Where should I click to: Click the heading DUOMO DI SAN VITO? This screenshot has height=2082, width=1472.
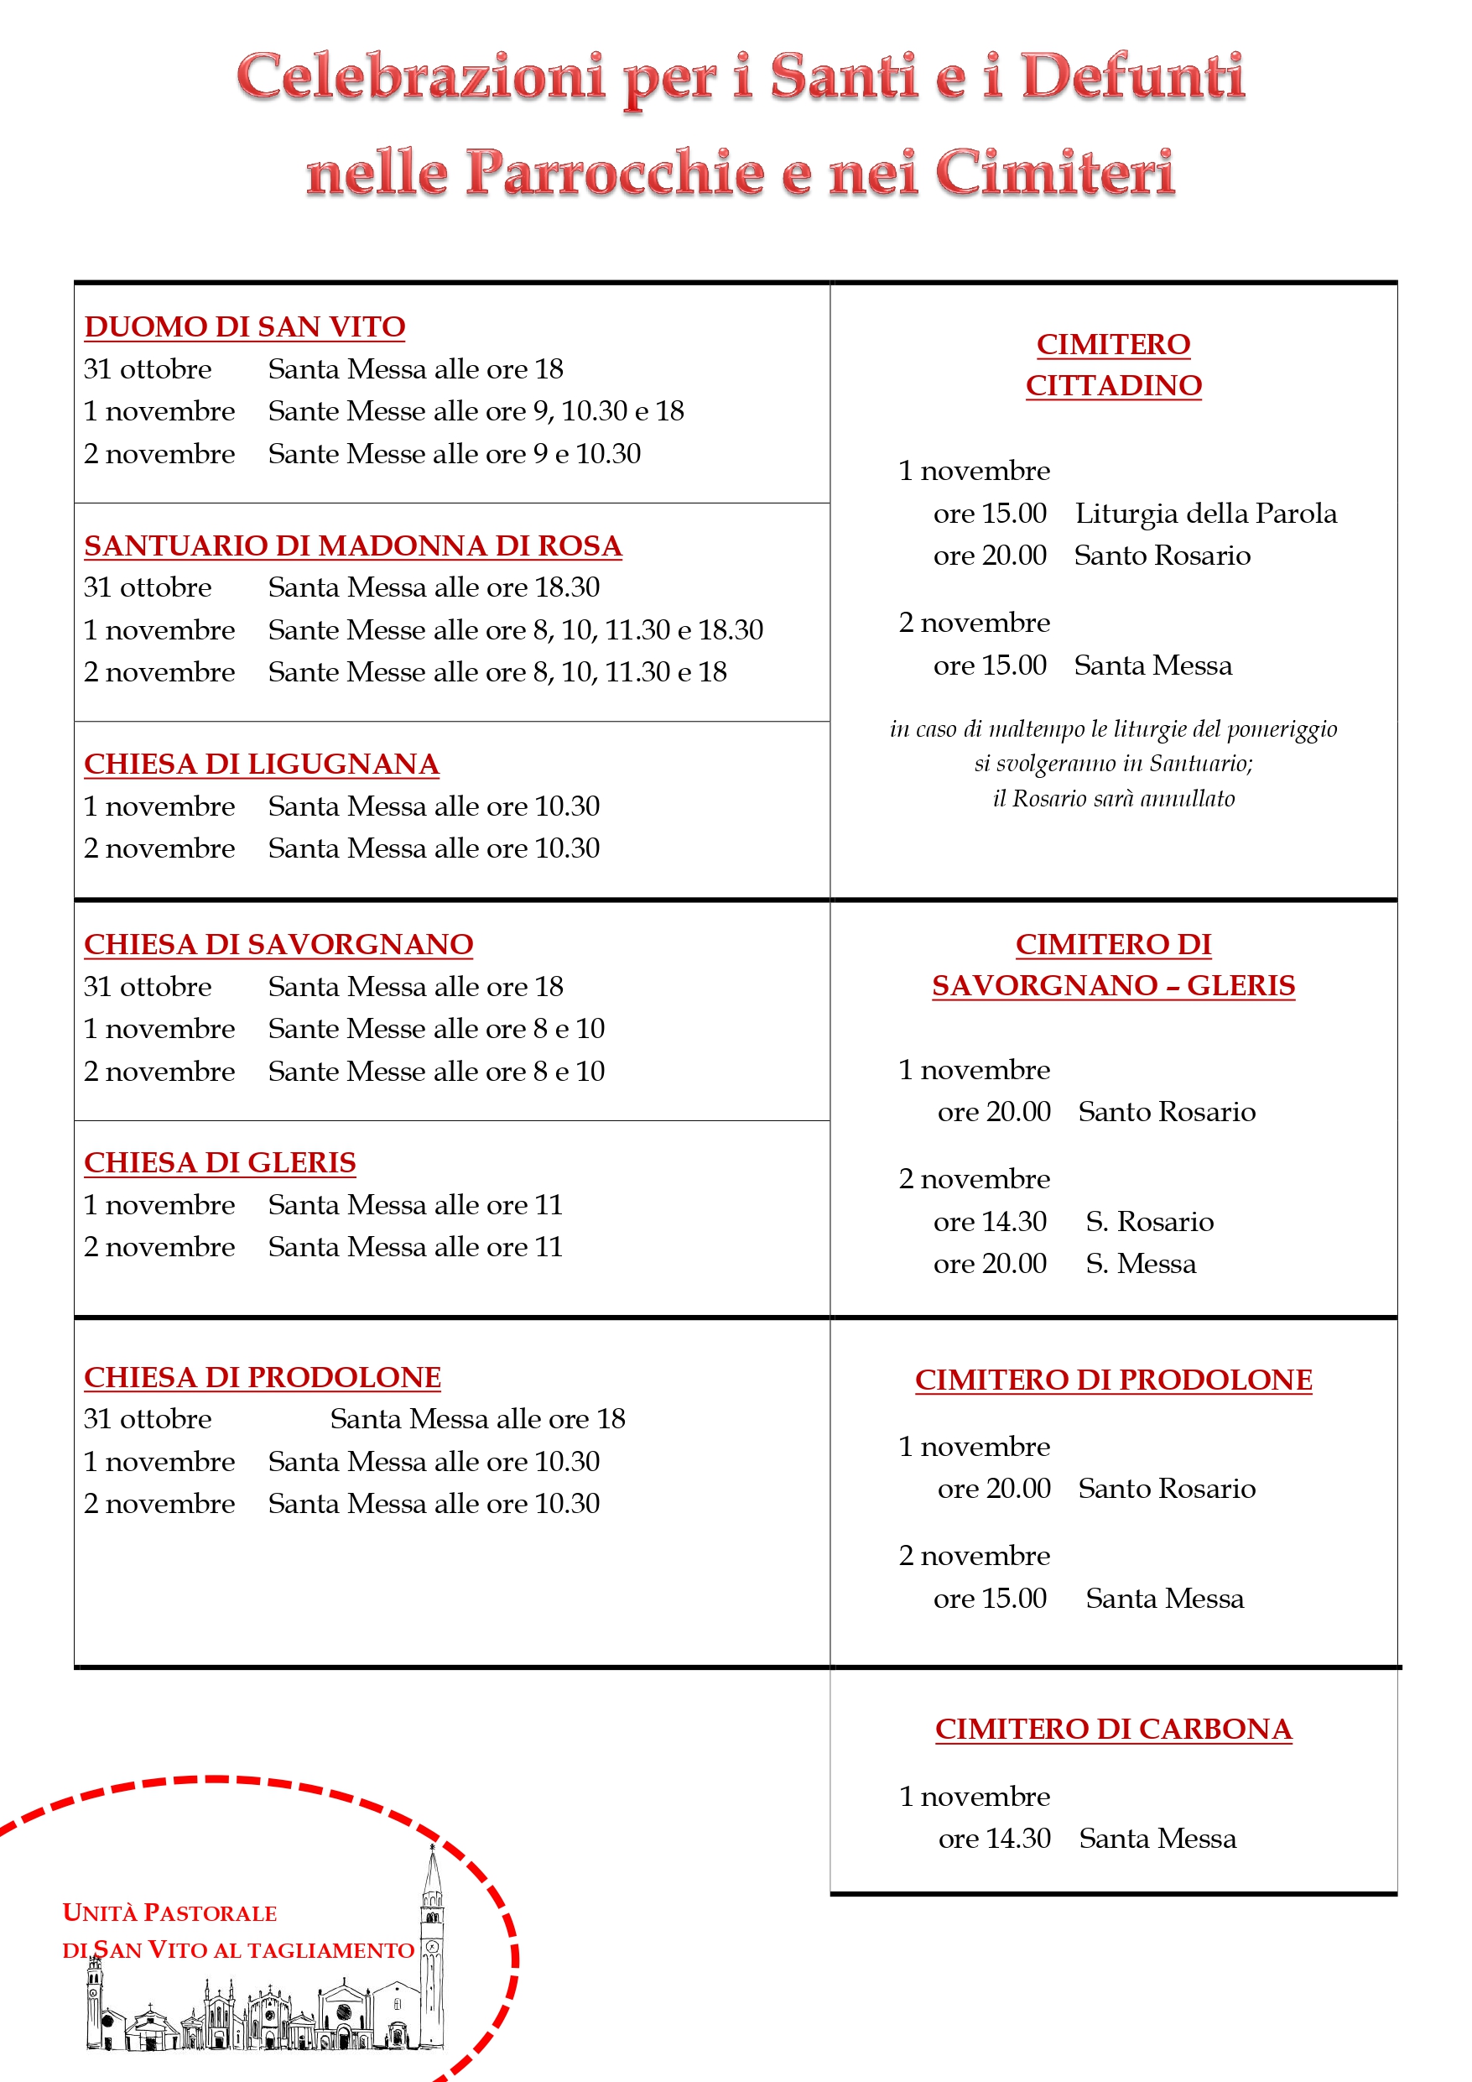click(245, 326)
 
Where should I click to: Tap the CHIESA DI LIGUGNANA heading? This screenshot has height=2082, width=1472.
click(261, 764)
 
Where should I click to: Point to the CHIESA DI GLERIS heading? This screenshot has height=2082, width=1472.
click(220, 1161)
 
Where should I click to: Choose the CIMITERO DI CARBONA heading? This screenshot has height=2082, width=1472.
click(1113, 1729)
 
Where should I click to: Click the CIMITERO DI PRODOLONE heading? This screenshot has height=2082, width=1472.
click(1113, 1380)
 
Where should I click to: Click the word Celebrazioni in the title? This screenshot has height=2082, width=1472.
click(420, 76)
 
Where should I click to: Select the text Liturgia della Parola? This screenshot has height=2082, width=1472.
click(1205, 514)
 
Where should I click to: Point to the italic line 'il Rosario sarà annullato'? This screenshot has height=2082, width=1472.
click(1113, 799)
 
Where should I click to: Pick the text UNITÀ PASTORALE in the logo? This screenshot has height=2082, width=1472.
click(169, 1912)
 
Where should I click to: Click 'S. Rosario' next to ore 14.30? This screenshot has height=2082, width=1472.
click(1149, 1222)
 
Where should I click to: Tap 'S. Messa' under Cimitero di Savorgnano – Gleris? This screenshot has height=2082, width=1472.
click(1140, 1263)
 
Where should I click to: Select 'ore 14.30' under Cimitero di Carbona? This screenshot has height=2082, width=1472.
click(994, 1838)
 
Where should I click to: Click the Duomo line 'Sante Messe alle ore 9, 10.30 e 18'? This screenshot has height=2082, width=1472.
click(476, 411)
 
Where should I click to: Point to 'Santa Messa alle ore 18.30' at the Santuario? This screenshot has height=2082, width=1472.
click(434, 587)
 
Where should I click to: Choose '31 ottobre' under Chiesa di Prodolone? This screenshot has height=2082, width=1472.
click(148, 1418)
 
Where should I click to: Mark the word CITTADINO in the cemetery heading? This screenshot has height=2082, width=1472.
click(1113, 385)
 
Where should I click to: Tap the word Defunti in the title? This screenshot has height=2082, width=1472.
click(1133, 76)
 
